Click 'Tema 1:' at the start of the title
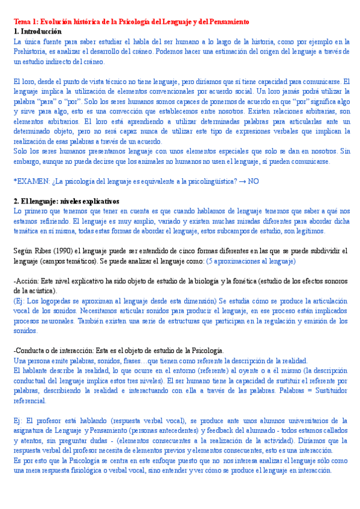(x=25, y=22)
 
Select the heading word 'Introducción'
(x=41, y=31)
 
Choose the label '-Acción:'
(x=26, y=280)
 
